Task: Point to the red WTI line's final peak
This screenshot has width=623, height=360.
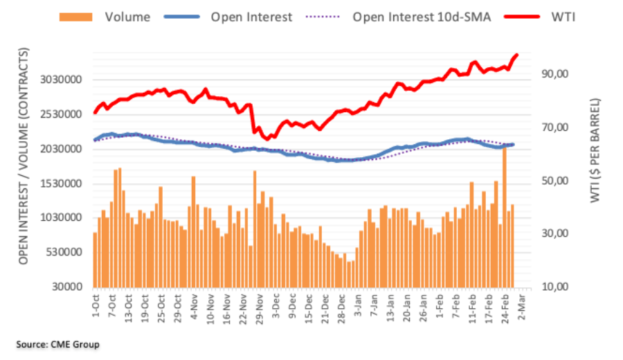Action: [x=516, y=55]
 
